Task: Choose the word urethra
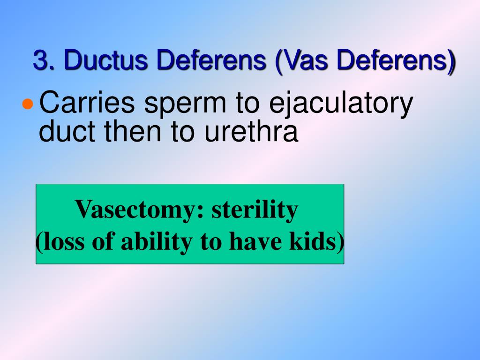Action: (x=251, y=132)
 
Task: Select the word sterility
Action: (x=255, y=210)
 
